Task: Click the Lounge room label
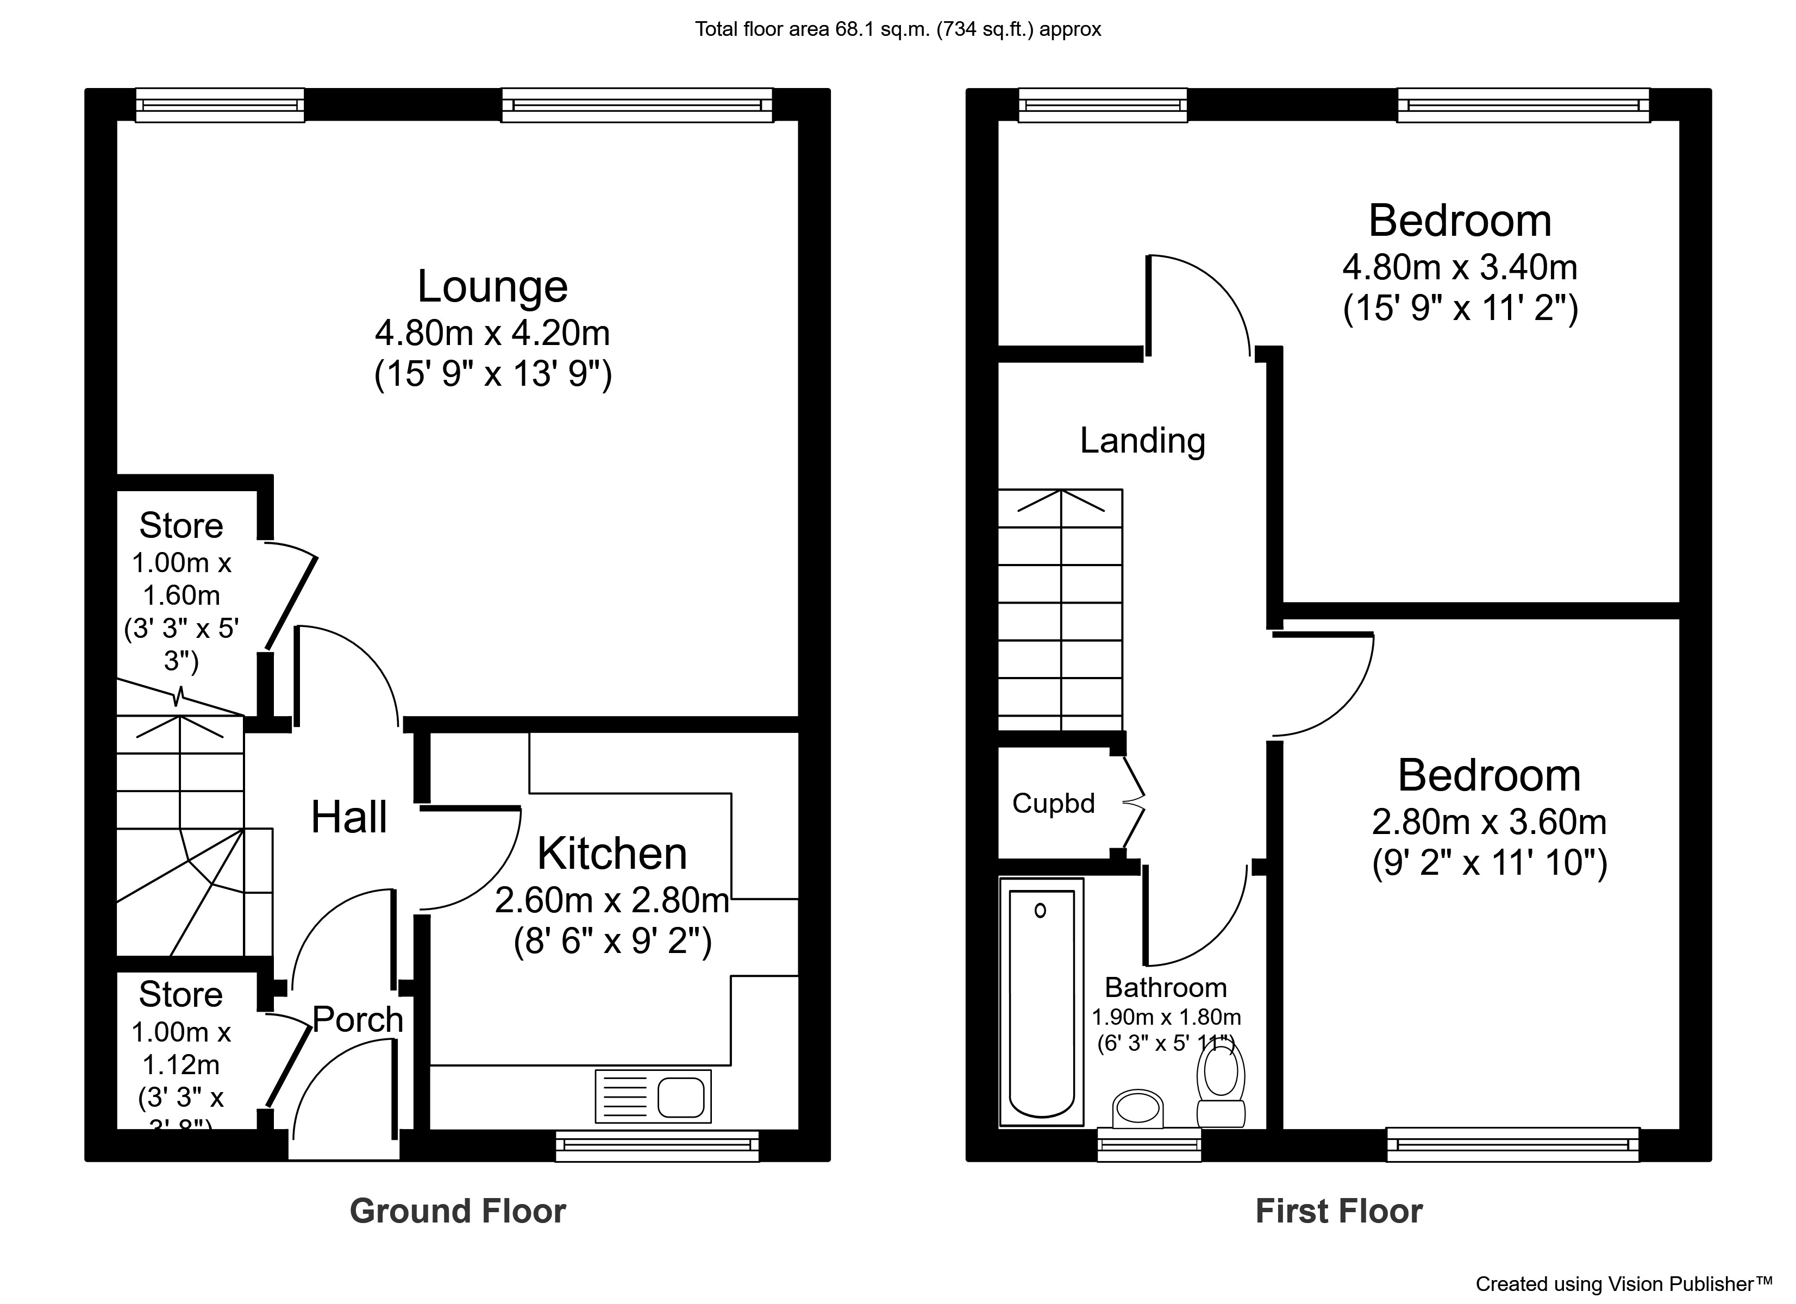pos(492,287)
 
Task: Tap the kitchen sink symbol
pos(653,1096)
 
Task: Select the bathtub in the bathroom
pos(1041,1001)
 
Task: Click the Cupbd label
pos(1053,804)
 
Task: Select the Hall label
pos(348,817)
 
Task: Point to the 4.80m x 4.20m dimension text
pos(492,333)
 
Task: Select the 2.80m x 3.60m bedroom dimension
pos(1489,822)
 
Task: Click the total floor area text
pos(897,29)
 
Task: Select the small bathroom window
pos(1148,1144)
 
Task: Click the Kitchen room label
pos(611,854)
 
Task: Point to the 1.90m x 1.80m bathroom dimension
pos(1166,1017)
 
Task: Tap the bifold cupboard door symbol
pos(1134,804)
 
